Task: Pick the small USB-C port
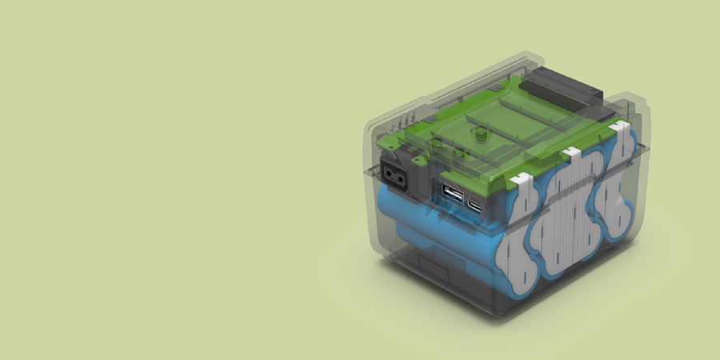tap(476, 205)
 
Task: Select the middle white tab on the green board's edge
tap(571, 152)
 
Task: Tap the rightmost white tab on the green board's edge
tap(618, 127)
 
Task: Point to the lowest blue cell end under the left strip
tap(519, 285)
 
